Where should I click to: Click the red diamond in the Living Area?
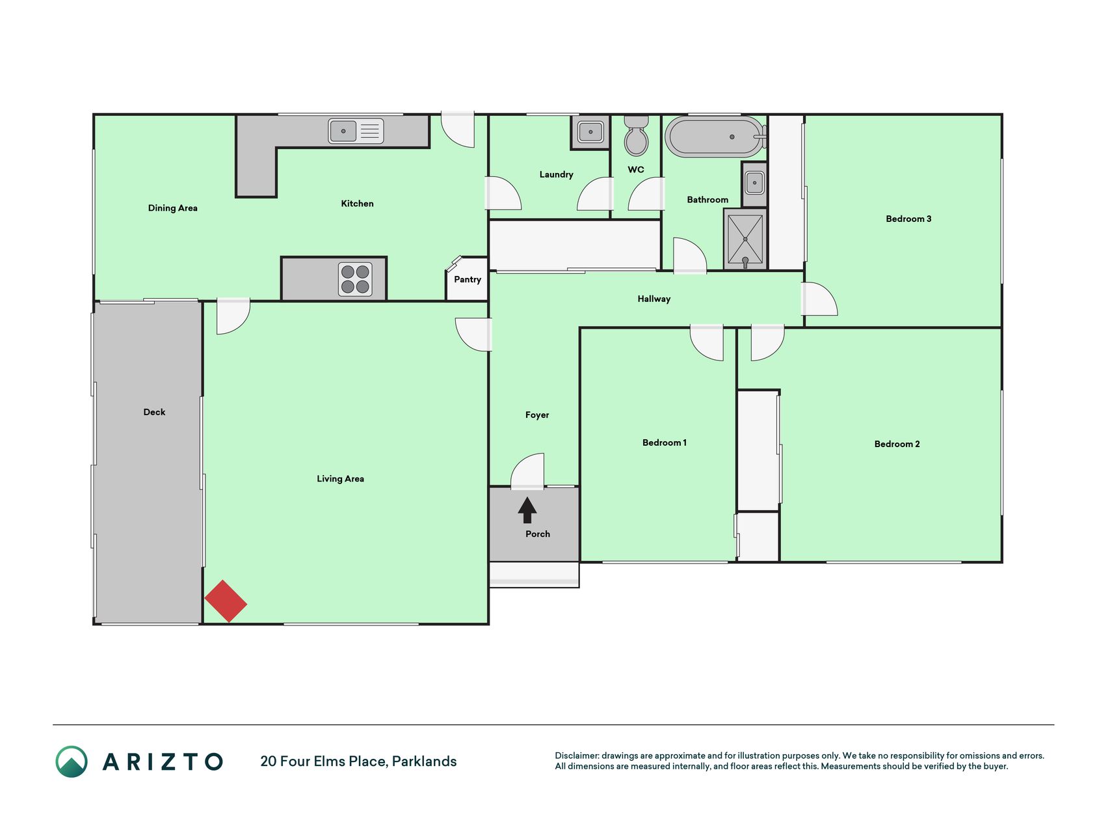(x=226, y=601)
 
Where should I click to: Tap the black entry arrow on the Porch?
(x=527, y=510)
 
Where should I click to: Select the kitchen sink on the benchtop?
(x=356, y=131)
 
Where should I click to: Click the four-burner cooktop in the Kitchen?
(x=355, y=279)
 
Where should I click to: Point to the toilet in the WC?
(x=636, y=135)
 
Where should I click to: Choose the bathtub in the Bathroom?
(x=715, y=137)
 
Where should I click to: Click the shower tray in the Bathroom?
(x=745, y=239)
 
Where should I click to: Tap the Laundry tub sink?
(x=590, y=132)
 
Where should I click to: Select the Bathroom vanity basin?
(x=754, y=183)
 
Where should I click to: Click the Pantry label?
(x=468, y=280)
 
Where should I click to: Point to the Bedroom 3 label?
(x=908, y=219)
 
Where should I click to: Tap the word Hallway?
(x=654, y=299)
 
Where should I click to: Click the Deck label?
(x=154, y=412)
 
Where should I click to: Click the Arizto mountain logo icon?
(x=72, y=761)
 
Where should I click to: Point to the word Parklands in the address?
(x=424, y=761)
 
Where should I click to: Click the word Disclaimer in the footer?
(x=577, y=756)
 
